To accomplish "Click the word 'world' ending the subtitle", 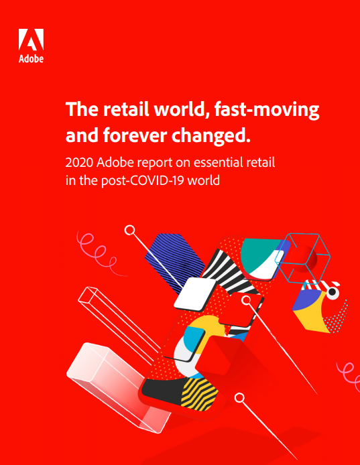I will [202, 180].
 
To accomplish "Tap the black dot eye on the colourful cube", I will [333, 293].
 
